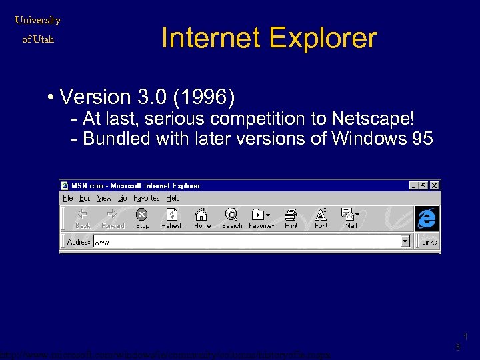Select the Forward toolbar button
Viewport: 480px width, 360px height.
(x=113, y=218)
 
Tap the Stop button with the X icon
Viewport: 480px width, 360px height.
(x=142, y=218)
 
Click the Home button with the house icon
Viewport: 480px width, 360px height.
(x=202, y=218)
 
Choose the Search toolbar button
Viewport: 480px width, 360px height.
(x=231, y=218)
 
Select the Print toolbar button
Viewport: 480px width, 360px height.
(x=291, y=218)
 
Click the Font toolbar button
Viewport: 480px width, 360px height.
(x=321, y=218)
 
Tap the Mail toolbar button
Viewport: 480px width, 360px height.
(x=351, y=218)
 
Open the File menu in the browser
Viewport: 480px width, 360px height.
(x=68, y=198)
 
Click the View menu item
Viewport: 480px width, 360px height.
(x=105, y=198)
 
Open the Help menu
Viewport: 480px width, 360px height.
(x=173, y=198)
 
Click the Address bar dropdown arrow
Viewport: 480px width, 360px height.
(x=405, y=241)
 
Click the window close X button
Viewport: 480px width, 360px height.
(x=435, y=185)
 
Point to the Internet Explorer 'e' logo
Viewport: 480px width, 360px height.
(x=427, y=218)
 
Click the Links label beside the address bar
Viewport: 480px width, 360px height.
(x=429, y=241)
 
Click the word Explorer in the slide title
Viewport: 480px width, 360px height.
(x=326, y=39)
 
